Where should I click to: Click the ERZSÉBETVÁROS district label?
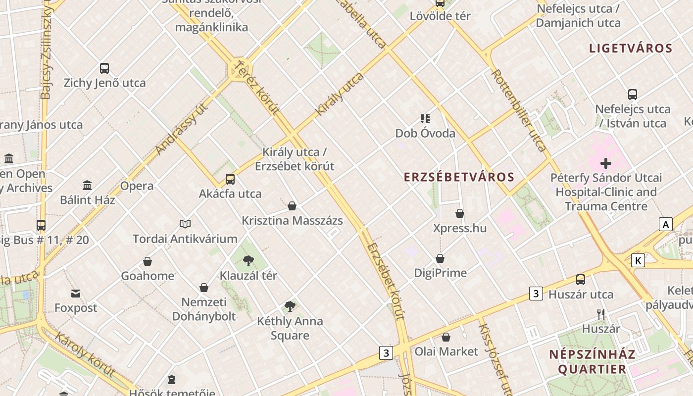(459, 177)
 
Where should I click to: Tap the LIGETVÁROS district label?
(631, 48)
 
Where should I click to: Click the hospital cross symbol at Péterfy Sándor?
(606, 163)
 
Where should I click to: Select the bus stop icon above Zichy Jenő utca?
(104, 68)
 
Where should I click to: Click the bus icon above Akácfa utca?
(230, 179)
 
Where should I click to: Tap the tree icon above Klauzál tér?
(248, 261)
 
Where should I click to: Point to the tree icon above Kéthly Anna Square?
(290, 306)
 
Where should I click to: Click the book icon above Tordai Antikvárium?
(185, 224)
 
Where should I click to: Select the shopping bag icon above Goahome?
(148, 261)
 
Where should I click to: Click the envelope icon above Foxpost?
(76, 294)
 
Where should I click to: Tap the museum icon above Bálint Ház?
(88, 186)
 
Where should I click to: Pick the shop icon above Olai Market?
(446, 337)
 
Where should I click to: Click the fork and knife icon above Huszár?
(601, 314)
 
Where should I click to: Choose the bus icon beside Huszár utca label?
(581, 280)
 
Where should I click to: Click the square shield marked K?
(638, 260)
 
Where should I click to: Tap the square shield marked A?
(666, 224)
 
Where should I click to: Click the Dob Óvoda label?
(425, 133)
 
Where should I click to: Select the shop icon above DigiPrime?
(440, 258)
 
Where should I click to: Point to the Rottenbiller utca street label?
(519, 110)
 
